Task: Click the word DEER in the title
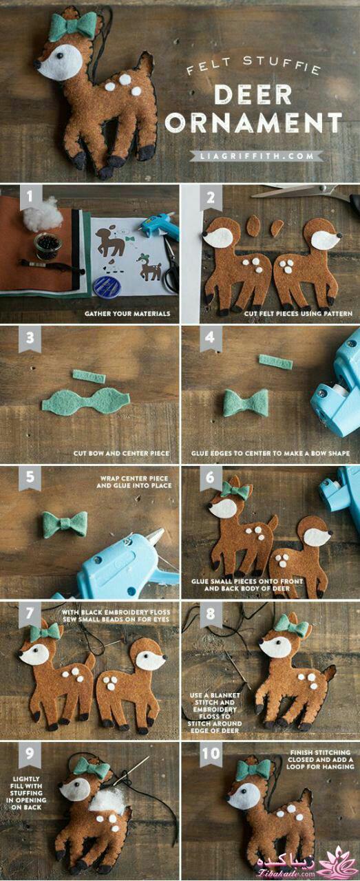[254, 95]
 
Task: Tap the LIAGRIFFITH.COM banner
[257, 156]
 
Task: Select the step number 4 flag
[211, 338]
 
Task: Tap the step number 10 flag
[211, 754]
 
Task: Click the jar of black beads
[47, 246]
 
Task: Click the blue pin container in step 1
[106, 286]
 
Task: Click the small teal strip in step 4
[276, 361]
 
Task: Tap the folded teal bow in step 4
[246, 403]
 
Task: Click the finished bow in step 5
[65, 524]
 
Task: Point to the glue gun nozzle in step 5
[156, 536]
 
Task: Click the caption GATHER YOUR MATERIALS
[127, 313]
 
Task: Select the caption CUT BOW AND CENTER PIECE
[121, 453]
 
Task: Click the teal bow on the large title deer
[73, 25]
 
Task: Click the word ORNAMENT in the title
[254, 123]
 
